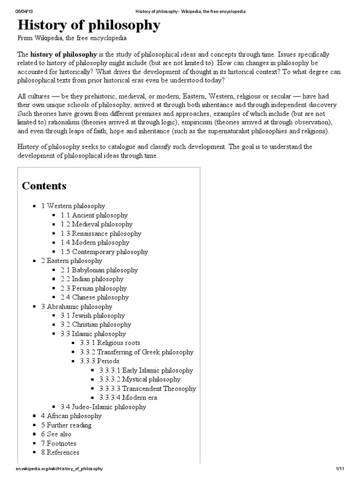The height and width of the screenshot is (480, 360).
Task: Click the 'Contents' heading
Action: click(44, 186)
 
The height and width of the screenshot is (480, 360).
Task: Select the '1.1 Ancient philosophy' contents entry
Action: click(94, 215)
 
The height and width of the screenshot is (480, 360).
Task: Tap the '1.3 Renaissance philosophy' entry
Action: click(101, 233)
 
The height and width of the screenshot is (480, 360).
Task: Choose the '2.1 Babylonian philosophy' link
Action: click(99, 270)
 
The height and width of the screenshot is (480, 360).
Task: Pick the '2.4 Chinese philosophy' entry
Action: click(94, 297)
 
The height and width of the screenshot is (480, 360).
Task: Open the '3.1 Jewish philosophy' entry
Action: click(92, 315)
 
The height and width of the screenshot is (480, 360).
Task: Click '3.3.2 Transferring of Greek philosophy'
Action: click(136, 352)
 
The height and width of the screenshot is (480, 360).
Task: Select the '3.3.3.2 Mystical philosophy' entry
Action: click(140, 379)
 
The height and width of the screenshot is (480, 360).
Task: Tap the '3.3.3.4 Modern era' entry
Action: click(128, 397)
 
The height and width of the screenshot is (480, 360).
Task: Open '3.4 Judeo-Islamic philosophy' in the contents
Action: click(103, 407)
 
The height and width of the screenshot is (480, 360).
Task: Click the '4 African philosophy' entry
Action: click(71, 416)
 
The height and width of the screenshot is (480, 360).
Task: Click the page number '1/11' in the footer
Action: click(340, 469)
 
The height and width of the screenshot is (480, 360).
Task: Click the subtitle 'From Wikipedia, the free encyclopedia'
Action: click(72, 38)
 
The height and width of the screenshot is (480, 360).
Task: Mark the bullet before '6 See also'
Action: click(35, 435)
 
